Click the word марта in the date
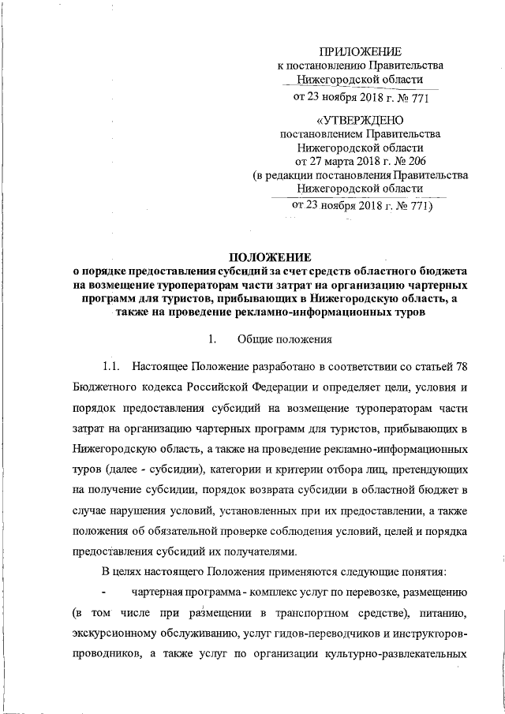pos(344,161)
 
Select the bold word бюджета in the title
pos(440,271)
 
